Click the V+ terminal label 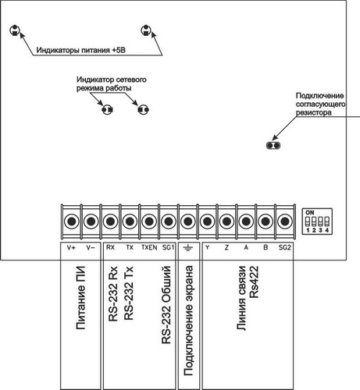coord(71,247)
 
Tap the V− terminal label coord(91,247)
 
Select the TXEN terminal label coord(149,247)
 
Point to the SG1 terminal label coord(168,247)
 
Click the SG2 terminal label coord(284,247)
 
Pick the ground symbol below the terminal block coord(187,248)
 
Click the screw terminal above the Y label coord(207,222)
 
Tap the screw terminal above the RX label coord(110,222)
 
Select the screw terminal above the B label coord(266,222)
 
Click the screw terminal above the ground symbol coord(188,222)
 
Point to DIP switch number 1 coord(308,222)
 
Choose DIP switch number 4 coord(327,222)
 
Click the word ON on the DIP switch coord(310,212)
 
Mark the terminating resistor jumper coord(273,145)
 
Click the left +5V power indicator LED coord(15,30)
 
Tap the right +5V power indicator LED coord(146,30)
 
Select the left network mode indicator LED coord(107,109)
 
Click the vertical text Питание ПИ coord(81,298)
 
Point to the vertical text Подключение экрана coord(188,321)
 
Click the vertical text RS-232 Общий coord(166,305)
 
